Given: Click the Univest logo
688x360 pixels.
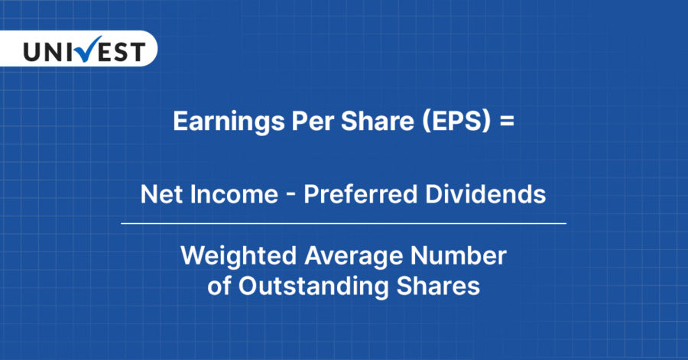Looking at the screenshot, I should click(x=83, y=51).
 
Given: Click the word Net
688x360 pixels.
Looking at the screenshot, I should click(x=158, y=195).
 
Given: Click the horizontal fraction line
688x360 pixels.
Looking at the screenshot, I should click(x=343, y=223).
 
